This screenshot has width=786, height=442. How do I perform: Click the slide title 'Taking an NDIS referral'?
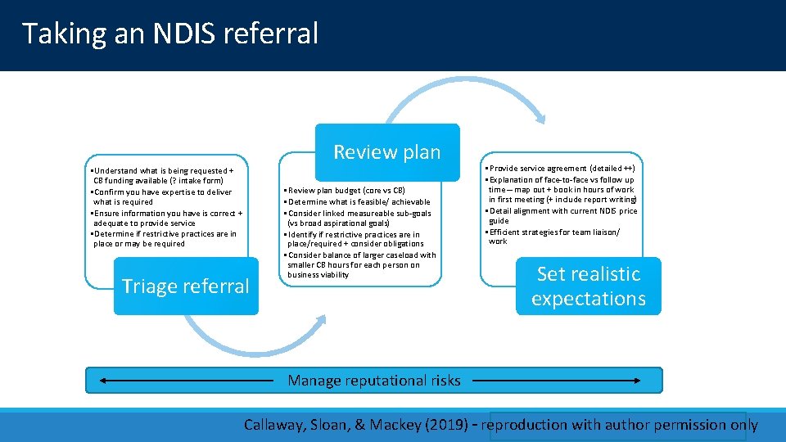coord(169,34)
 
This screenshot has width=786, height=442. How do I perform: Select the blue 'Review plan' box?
coord(386,152)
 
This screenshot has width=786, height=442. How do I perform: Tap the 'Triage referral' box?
coord(185,286)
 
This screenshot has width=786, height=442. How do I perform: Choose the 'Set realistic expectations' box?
coord(588,286)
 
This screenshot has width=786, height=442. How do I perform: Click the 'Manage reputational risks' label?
coord(374,381)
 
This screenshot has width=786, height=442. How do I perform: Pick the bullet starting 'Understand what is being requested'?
coord(163,175)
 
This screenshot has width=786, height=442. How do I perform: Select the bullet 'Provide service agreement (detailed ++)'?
coord(560,168)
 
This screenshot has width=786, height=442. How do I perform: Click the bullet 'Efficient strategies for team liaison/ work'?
coord(554,236)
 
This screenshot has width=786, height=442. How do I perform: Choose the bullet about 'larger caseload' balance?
coord(360,264)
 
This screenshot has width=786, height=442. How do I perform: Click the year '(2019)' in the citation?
coord(449,425)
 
